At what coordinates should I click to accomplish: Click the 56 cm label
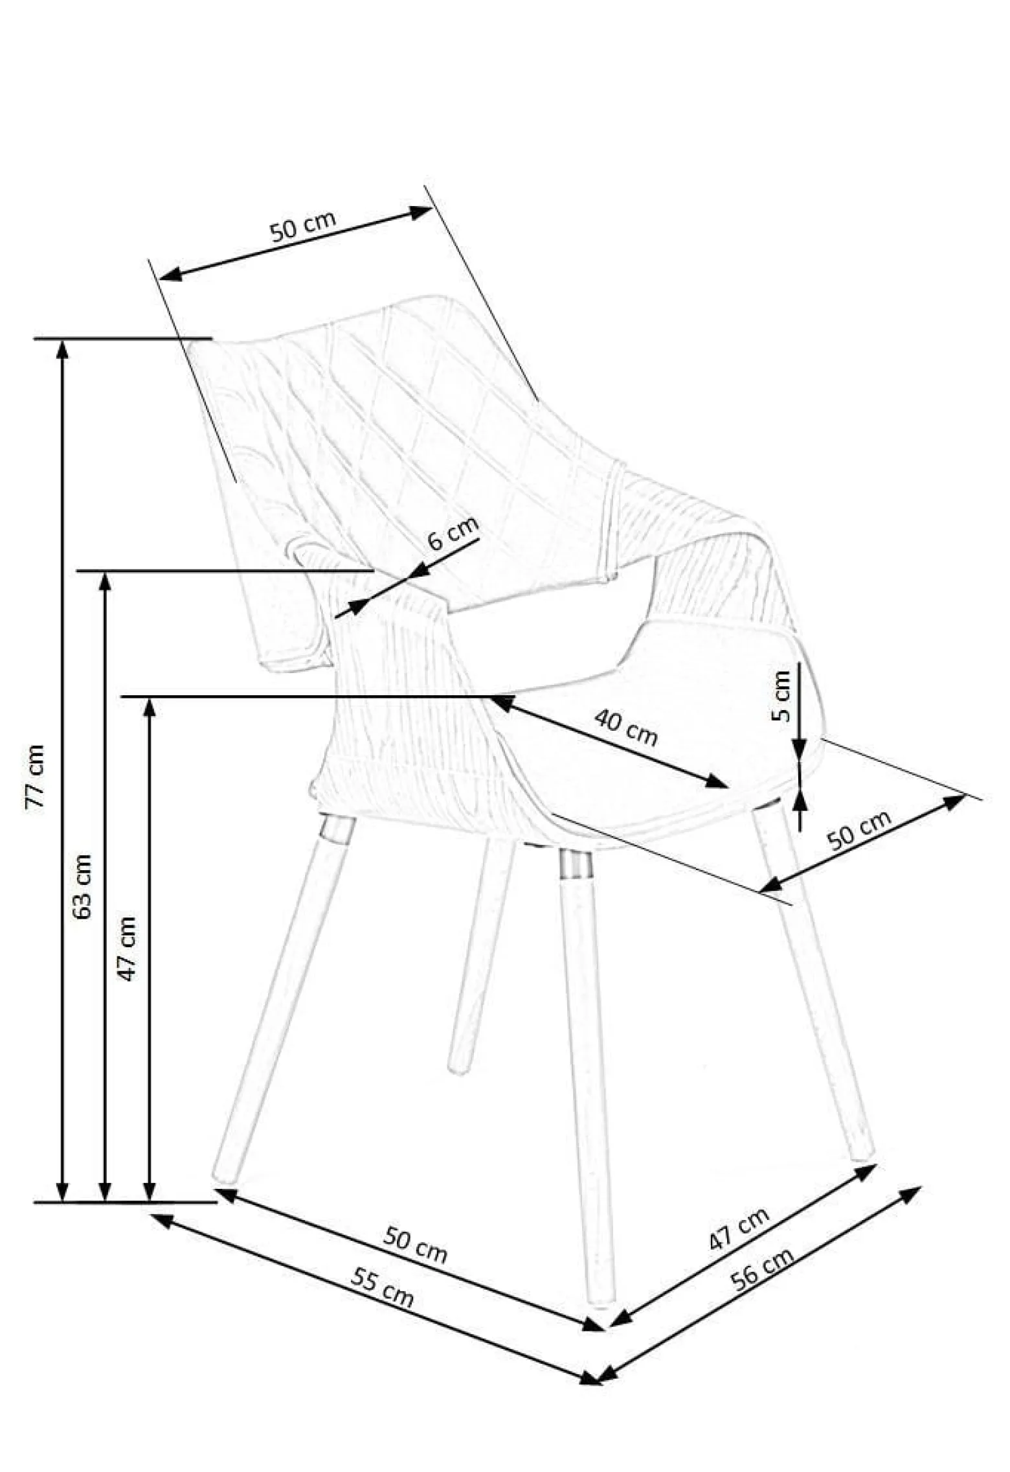point(761,1269)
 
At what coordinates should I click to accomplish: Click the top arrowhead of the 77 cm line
point(62,349)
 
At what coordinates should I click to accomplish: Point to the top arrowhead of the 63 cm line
point(105,582)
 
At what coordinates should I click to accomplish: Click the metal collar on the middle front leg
point(576,864)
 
